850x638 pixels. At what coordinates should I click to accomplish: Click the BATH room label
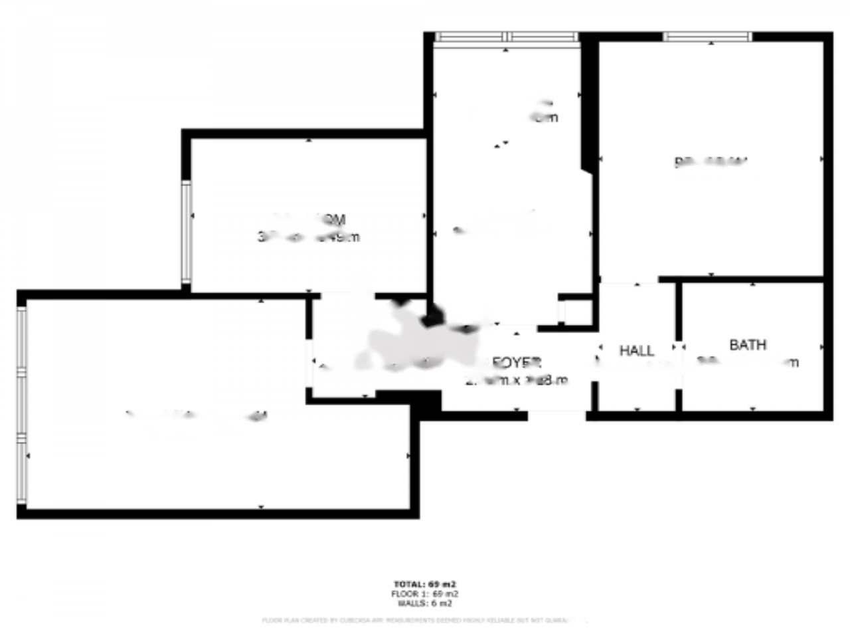747,345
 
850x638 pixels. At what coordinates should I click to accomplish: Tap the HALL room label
636,350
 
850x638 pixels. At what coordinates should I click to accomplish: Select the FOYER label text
517,363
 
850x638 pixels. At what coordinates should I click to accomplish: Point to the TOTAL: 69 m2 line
425,585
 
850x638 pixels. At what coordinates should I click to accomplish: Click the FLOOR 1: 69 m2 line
425,594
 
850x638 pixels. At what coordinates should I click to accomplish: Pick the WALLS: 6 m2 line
425,603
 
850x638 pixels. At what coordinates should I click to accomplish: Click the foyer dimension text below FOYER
518,381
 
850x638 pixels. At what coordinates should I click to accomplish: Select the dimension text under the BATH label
749,362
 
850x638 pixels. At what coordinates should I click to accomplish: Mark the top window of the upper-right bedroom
707,37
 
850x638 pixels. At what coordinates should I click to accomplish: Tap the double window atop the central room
507,37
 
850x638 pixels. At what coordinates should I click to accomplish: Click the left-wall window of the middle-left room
186,232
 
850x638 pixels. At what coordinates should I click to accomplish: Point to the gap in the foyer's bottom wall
556,415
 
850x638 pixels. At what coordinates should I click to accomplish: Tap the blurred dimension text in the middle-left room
309,237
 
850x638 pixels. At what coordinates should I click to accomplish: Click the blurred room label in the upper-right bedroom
711,161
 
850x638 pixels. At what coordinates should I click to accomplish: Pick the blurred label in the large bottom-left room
197,416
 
